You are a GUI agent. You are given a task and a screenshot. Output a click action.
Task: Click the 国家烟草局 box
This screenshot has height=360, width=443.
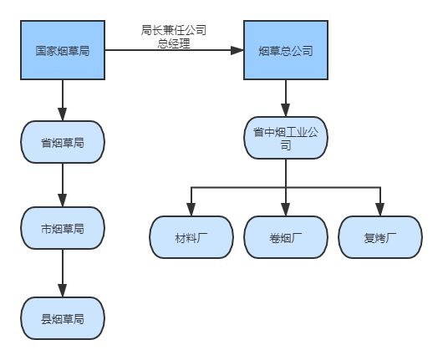pyautogui.click(x=63, y=50)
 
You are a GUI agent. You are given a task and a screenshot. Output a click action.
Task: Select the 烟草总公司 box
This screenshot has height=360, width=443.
pyautogui.click(x=286, y=50)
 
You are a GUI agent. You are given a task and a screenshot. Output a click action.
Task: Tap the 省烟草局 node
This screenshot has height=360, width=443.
pyautogui.click(x=63, y=142)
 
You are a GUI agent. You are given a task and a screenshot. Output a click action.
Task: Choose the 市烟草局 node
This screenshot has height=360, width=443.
pyautogui.click(x=63, y=228)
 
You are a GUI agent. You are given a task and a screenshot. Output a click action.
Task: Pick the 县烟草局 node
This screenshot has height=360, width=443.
pyautogui.click(x=63, y=318)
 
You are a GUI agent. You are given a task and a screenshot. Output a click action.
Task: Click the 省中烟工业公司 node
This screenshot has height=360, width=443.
pyautogui.click(x=286, y=138)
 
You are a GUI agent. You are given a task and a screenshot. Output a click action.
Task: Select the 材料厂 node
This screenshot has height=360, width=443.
pyautogui.click(x=191, y=237)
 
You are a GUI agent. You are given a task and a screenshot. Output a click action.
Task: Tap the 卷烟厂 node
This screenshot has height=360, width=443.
pyautogui.click(x=286, y=237)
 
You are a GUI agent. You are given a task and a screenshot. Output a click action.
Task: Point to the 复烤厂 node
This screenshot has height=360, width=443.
pyautogui.click(x=380, y=237)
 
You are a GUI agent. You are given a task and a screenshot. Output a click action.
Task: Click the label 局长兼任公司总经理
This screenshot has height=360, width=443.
pyautogui.click(x=174, y=37)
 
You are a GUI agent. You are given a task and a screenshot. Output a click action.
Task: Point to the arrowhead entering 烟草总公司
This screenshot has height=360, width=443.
pyautogui.click(x=237, y=50)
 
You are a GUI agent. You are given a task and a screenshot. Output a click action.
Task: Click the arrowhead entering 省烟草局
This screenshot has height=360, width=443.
pyautogui.click(x=63, y=114)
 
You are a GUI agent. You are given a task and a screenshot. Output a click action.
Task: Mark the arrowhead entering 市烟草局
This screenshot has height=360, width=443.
pyautogui.click(x=63, y=200)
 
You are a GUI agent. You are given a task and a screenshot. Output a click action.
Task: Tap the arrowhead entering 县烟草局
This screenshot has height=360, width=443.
pyautogui.click(x=63, y=291)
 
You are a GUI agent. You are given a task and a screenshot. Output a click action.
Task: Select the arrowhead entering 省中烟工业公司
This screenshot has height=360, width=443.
pyautogui.click(x=286, y=110)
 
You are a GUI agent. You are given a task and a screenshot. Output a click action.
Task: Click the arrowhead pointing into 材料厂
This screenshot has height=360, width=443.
pyautogui.click(x=191, y=210)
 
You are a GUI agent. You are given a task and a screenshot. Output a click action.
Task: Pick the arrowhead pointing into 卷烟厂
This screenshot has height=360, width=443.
pyautogui.click(x=286, y=210)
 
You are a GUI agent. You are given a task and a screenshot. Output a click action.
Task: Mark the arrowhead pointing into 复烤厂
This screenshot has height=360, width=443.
pyautogui.click(x=380, y=210)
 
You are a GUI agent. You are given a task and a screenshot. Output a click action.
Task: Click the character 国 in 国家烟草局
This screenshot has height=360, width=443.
pyautogui.click(x=41, y=51)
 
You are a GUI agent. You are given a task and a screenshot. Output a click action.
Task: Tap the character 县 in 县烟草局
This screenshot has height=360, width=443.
pyautogui.click(x=46, y=319)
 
